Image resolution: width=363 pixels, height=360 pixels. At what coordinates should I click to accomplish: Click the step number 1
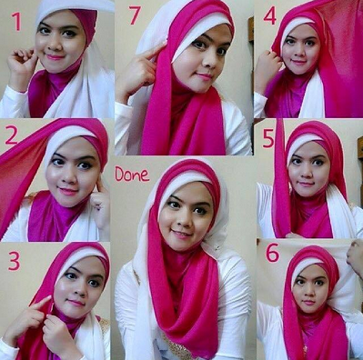(15, 21)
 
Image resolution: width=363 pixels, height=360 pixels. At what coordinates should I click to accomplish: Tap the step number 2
(11, 136)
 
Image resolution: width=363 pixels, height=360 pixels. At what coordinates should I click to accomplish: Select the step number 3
(13, 261)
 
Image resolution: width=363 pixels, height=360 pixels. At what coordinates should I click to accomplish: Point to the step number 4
(270, 16)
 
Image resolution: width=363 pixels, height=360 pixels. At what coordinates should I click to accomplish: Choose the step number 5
(267, 138)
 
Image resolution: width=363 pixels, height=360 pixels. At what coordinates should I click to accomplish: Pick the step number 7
(135, 15)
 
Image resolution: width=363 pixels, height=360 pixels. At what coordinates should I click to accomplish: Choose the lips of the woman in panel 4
(300, 67)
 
